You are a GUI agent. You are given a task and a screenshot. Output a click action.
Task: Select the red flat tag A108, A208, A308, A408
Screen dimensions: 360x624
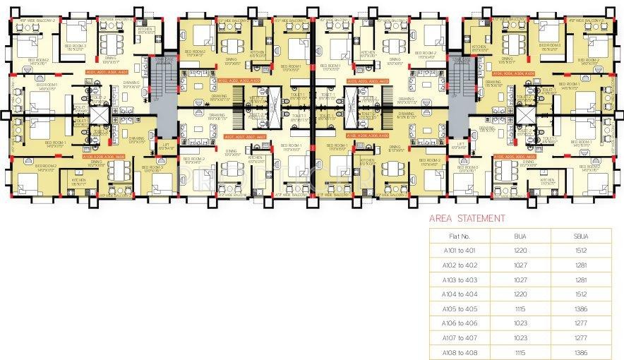click(104, 157)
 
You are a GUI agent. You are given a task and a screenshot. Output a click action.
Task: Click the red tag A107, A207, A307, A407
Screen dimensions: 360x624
click(244, 136)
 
